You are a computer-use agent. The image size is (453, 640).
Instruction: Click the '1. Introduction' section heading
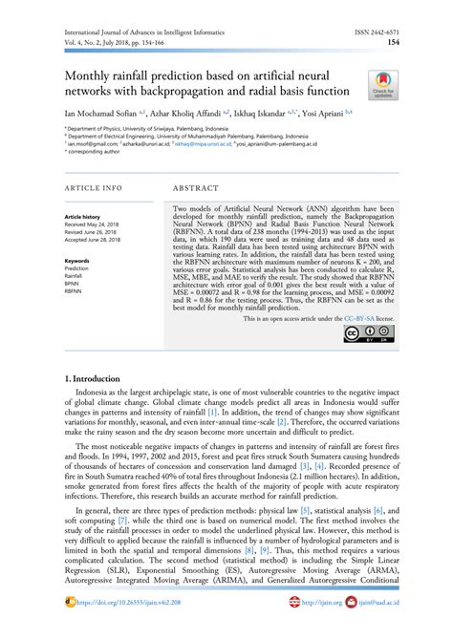pyautogui.click(x=93, y=380)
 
